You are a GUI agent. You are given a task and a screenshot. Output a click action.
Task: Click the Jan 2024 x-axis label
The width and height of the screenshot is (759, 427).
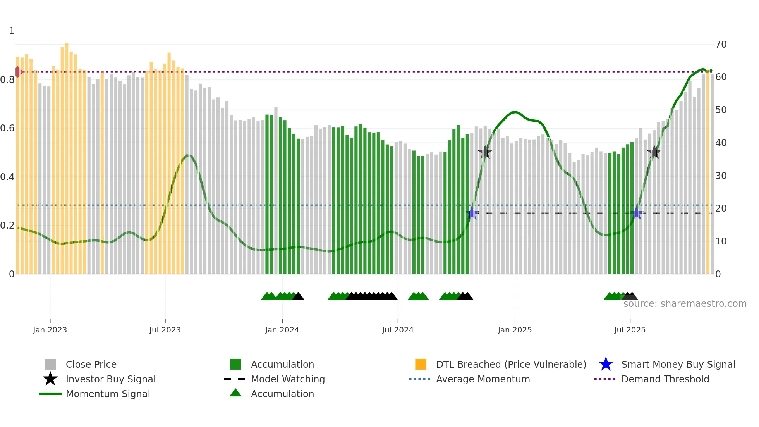pyautogui.click(x=282, y=330)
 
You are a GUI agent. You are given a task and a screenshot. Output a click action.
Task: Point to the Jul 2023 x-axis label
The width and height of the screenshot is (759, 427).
pyautogui.click(x=165, y=330)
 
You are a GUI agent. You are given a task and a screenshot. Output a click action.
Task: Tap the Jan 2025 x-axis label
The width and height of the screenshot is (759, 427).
pyautogui.click(x=515, y=330)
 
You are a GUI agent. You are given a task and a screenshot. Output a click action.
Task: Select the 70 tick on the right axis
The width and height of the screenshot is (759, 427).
pyautogui.click(x=721, y=45)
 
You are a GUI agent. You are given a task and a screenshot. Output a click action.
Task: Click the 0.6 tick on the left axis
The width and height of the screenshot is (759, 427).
pyautogui.click(x=7, y=128)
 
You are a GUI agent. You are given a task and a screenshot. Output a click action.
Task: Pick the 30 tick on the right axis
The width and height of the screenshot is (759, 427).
pyautogui.click(x=721, y=176)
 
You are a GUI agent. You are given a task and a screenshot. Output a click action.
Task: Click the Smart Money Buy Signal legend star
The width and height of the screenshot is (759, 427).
pyautogui.click(x=606, y=364)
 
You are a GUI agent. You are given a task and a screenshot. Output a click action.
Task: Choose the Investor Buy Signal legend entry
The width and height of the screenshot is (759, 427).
pyautogui.click(x=110, y=379)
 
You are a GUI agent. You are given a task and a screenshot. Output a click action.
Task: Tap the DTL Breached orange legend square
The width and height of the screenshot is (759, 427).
pyautogui.click(x=421, y=364)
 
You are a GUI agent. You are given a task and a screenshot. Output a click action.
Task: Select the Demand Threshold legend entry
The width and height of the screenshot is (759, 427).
pyautogui.click(x=665, y=379)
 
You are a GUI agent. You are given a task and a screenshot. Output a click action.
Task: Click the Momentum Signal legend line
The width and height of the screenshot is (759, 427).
pyautogui.click(x=50, y=394)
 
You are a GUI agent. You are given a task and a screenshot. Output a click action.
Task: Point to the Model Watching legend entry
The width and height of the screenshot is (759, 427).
pyautogui.click(x=287, y=379)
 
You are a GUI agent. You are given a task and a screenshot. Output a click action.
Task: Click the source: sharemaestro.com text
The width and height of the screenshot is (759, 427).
pyautogui.click(x=685, y=304)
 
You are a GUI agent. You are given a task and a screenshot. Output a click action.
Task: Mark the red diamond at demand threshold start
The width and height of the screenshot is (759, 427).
pyautogui.click(x=18, y=72)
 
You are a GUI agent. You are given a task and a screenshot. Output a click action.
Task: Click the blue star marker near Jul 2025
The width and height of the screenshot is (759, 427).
pyautogui.click(x=636, y=213)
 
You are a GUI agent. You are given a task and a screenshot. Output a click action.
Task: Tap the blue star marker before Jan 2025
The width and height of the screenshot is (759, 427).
pyautogui.click(x=472, y=213)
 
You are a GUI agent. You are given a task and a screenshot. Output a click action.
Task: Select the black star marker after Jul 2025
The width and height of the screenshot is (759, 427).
pyautogui.click(x=654, y=152)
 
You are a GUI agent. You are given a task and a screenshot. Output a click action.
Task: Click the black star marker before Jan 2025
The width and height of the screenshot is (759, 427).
pyautogui.click(x=485, y=152)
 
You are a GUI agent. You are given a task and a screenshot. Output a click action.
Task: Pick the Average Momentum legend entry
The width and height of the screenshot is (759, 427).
pyautogui.click(x=483, y=379)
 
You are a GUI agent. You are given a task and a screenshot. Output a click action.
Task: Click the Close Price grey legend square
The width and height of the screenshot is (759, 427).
pyautogui.click(x=50, y=364)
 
